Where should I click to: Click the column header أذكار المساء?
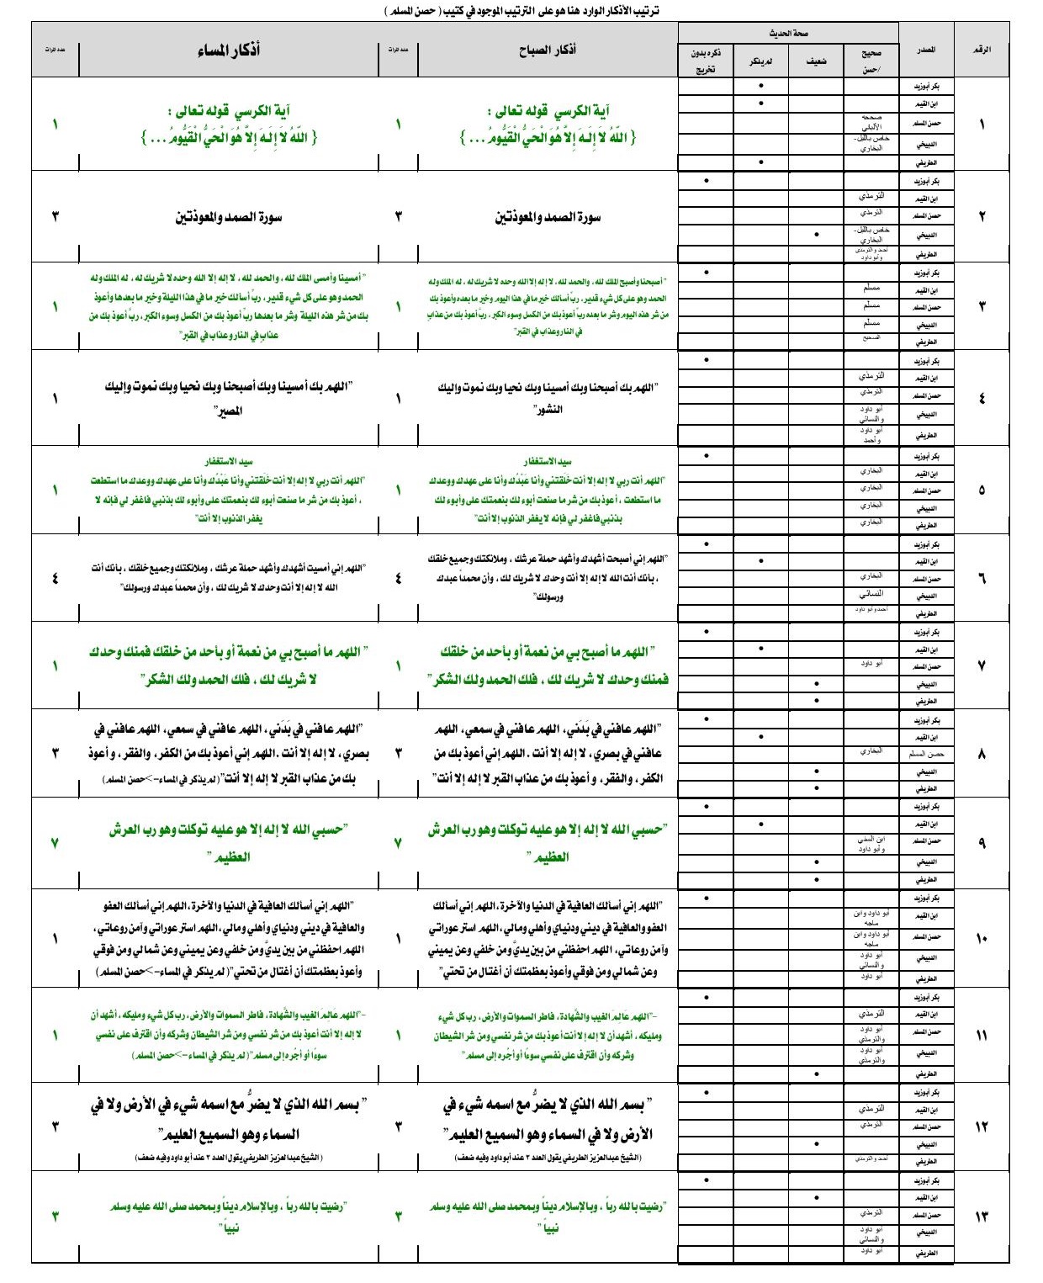pyautogui.click(x=228, y=50)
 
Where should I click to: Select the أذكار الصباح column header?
pyautogui.click(x=548, y=50)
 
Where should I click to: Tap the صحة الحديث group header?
pyautogui.click(x=788, y=33)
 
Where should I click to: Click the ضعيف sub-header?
pyautogui.click(x=816, y=61)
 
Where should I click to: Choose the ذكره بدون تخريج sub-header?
pyautogui.click(x=706, y=61)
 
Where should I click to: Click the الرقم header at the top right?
pyautogui.click(x=982, y=50)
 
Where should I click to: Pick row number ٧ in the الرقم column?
pyautogui.click(x=982, y=666)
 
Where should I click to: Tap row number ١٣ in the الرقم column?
pyautogui.click(x=982, y=1217)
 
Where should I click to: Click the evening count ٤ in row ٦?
pyautogui.click(x=56, y=578)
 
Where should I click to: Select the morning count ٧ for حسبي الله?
pyautogui.click(x=398, y=842)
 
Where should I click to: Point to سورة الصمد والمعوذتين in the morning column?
pyautogui.click(x=548, y=217)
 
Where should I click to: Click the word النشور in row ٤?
pyautogui.click(x=548, y=410)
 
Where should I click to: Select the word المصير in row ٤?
pyautogui.click(x=229, y=411)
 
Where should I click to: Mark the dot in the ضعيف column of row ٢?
pyautogui.click(x=816, y=234)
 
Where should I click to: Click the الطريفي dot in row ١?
pyautogui.click(x=761, y=162)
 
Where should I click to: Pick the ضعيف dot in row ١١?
pyautogui.click(x=816, y=1074)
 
